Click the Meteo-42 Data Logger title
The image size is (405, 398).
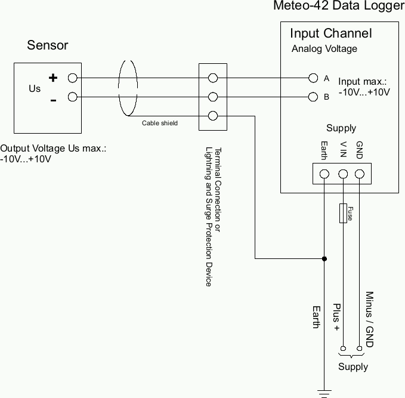pyautogui.click(x=338, y=7)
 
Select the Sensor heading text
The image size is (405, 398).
pyautogui.click(x=48, y=45)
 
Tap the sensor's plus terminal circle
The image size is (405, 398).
pyautogui.click(x=73, y=78)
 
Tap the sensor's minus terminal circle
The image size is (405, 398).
pyautogui.click(x=73, y=97)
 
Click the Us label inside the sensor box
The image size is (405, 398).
pyautogui.click(x=35, y=88)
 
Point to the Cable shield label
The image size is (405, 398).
pyautogui.click(x=159, y=124)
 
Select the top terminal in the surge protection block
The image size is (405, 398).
pyautogui.click(x=212, y=78)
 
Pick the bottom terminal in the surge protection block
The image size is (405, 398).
pyautogui.click(x=212, y=116)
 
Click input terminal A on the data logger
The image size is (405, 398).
pyautogui.click(x=313, y=78)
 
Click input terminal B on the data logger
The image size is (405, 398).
pyautogui.click(x=313, y=97)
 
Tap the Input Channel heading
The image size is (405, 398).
pyautogui.click(x=330, y=33)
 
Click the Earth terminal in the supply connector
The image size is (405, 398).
pyautogui.click(x=324, y=174)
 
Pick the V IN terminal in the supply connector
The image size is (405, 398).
pyautogui.click(x=343, y=174)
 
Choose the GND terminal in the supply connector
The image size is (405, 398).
pyautogui.click(x=360, y=174)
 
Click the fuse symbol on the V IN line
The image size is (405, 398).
pyautogui.click(x=343, y=213)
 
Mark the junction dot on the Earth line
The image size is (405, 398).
pyautogui.click(x=324, y=259)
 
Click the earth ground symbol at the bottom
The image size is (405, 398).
pyautogui.click(x=324, y=392)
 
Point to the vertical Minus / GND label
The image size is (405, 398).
pyautogui.click(x=369, y=319)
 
